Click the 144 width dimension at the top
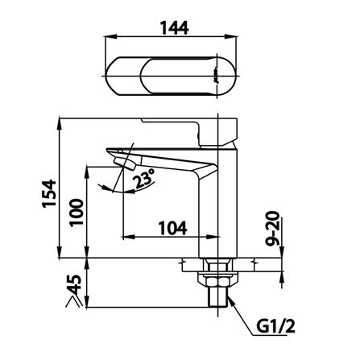[x=174, y=28]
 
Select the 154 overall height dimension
[x=49, y=193]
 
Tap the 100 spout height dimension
[x=77, y=213]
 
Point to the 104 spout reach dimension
[x=172, y=228]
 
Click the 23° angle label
[x=144, y=179]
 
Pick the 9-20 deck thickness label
[x=273, y=229]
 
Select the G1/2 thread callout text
[x=275, y=327]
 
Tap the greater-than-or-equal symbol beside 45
[x=74, y=301]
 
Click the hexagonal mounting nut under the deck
[x=217, y=280]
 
